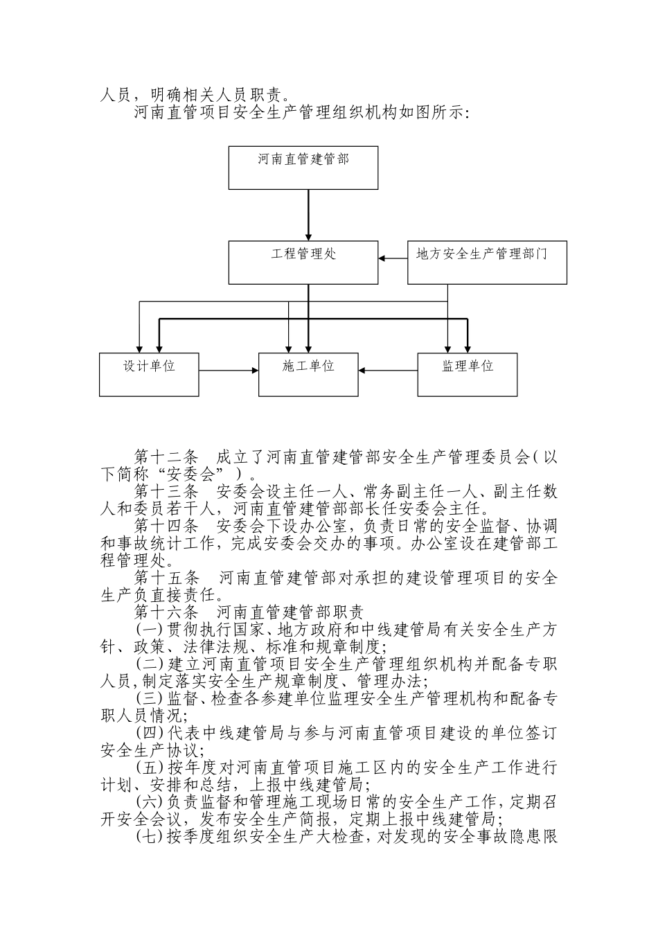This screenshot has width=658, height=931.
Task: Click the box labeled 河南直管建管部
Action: (303, 167)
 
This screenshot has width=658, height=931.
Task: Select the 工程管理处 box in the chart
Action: (303, 262)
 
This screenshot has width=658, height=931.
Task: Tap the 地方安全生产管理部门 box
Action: (486, 262)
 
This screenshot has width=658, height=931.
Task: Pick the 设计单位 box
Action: (149, 374)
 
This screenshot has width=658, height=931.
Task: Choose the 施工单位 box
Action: (308, 374)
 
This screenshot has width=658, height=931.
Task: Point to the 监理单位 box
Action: (468, 374)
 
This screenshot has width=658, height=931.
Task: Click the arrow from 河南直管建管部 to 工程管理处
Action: (309, 215)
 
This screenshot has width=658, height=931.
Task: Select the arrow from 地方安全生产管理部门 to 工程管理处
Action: (393, 258)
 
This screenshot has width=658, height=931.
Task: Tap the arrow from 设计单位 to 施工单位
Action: (229, 371)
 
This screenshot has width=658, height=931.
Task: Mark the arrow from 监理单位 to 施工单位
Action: (388, 371)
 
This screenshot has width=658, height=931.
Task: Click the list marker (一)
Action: (149, 630)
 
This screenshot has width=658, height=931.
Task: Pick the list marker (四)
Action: (149, 734)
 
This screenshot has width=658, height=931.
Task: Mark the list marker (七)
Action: (149, 837)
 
